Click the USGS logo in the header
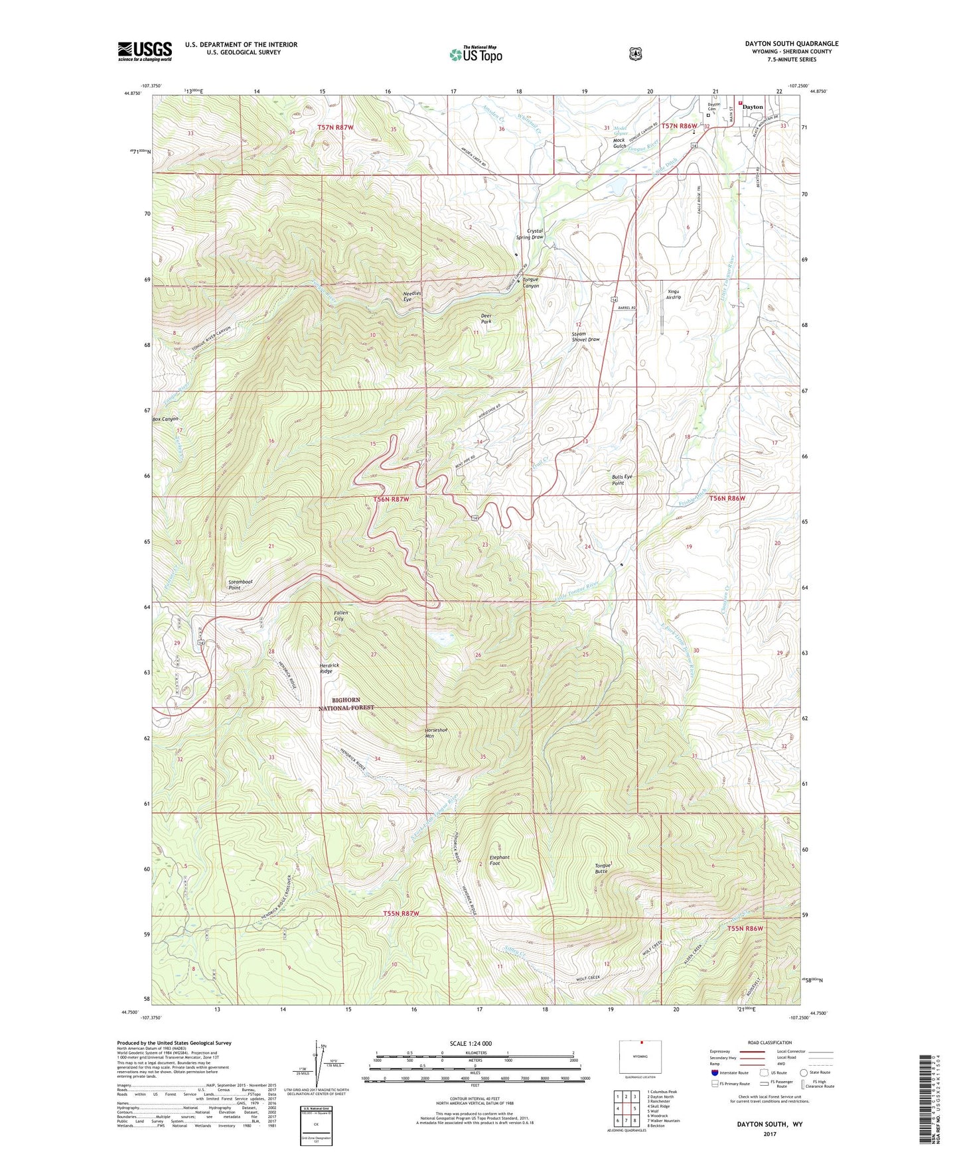click(x=145, y=51)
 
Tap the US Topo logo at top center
click(x=475, y=54)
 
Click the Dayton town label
click(x=752, y=107)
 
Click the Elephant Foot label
click(x=499, y=860)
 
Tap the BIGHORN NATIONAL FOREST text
click(x=346, y=704)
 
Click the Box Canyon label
click(x=165, y=419)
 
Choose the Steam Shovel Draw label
click(x=585, y=337)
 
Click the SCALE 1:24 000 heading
click(x=471, y=1043)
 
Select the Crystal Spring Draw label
click(x=530, y=234)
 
